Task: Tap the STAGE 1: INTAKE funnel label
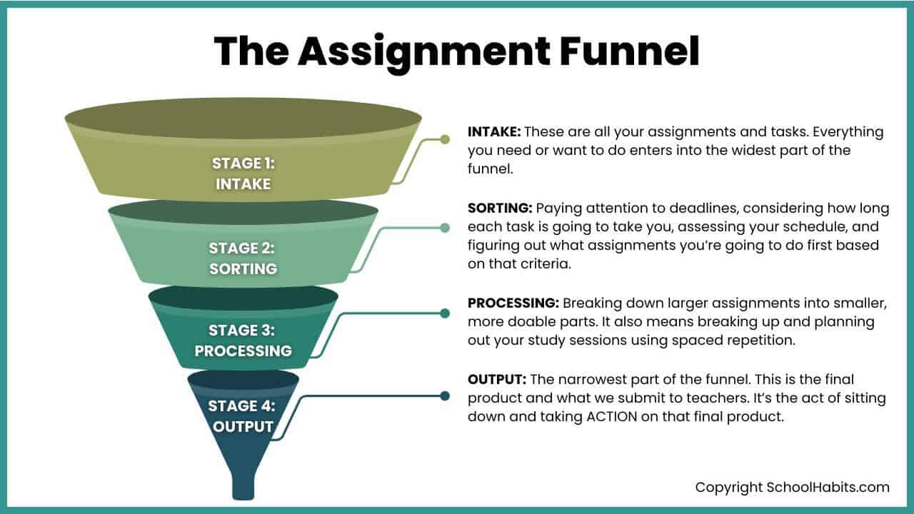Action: pos(243,173)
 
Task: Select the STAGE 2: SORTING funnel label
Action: pos(243,258)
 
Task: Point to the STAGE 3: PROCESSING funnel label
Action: pos(243,341)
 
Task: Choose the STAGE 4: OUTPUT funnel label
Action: pos(241,416)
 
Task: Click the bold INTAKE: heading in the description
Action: pos(494,132)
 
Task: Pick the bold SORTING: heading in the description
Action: pos(500,208)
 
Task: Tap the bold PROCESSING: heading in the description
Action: pos(514,303)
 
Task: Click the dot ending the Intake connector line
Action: pos(445,139)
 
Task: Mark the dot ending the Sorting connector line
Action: pos(445,228)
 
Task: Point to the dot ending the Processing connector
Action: pos(445,313)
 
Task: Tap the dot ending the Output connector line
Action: pos(445,395)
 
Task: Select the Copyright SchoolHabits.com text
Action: pos(793,488)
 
